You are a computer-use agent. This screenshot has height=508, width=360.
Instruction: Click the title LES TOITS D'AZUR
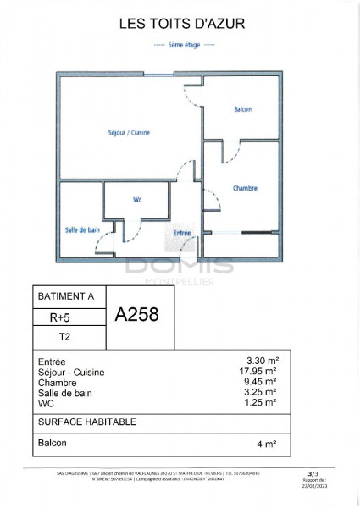[180, 26]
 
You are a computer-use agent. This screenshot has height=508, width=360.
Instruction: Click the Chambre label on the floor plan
[244, 188]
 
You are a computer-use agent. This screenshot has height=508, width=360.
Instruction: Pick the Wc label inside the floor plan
[137, 200]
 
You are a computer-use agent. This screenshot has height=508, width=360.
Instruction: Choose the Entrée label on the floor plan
[182, 233]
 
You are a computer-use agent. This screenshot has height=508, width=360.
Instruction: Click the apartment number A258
[136, 315]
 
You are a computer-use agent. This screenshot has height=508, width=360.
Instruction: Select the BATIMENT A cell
[67, 297]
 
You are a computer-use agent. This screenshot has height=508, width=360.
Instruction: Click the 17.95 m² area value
[261, 372]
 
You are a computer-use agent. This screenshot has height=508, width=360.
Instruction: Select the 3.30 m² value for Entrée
[263, 361]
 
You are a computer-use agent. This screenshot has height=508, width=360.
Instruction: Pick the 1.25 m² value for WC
[263, 403]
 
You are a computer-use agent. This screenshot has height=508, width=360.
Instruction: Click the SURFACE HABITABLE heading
[88, 422]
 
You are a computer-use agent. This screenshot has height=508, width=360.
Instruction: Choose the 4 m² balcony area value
[269, 442]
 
